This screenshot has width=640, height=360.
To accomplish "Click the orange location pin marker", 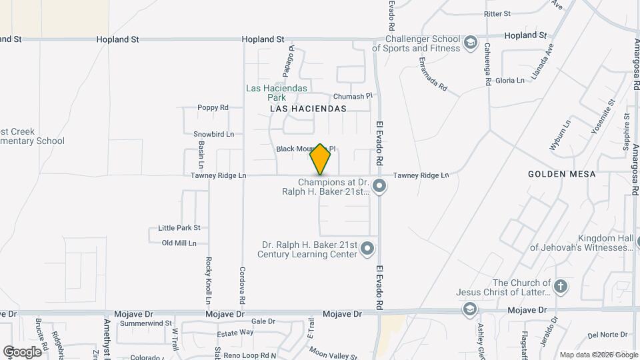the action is [x=321, y=159].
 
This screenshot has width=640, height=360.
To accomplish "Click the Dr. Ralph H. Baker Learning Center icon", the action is [x=367, y=250].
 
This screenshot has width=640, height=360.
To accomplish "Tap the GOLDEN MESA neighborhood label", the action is [x=556, y=173].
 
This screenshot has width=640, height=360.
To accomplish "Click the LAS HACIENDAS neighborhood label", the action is [x=308, y=108].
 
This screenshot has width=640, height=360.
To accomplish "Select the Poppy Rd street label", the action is [x=213, y=107].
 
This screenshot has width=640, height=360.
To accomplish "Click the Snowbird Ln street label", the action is [x=213, y=134].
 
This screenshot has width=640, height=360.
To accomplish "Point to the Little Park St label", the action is [x=179, y=228].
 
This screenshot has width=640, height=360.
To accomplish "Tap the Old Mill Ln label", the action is [x=179, y=243].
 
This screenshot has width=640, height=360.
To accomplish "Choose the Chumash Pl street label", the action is [x=347, y=96].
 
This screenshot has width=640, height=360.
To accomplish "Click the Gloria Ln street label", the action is [x=510, y=80].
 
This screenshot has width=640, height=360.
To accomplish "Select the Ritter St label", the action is [x=497, y=13].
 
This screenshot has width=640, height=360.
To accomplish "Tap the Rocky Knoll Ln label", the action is [x=209, y=275].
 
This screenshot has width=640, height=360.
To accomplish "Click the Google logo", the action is [x=22, y=351].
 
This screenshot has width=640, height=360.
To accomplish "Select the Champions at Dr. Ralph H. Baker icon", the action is [x=379, y=186].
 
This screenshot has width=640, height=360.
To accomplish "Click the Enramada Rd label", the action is [x=433, y=77].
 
